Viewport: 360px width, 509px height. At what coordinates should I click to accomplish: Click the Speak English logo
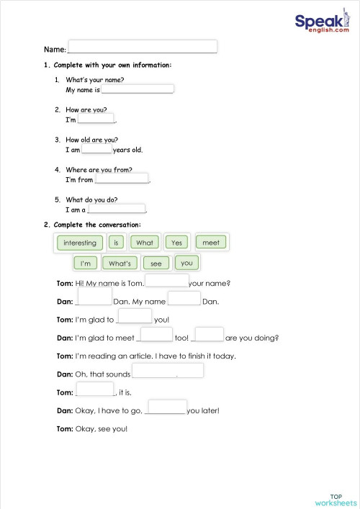tap(322, 24)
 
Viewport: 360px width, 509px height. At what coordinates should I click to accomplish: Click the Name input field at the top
tap(142, 48)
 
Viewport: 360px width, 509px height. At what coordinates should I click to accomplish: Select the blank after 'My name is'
tap(138, 89)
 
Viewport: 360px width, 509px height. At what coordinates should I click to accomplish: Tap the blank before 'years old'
tap(96, 149)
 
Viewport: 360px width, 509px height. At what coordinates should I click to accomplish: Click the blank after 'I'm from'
tap(122, 179)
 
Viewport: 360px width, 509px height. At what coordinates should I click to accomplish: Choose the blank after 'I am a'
tap(117, 210)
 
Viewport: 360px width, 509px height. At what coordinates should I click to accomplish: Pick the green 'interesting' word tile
tap(79, 243)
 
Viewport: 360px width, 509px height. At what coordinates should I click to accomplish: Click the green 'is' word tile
tap(116, 243)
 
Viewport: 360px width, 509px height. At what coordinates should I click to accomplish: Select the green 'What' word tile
tap(145, 243)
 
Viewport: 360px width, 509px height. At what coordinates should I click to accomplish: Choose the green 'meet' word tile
tap(210, 243)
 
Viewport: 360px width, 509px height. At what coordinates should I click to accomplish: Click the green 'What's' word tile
tap(119, 263)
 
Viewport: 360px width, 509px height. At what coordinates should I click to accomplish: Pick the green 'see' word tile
tap(156, 263)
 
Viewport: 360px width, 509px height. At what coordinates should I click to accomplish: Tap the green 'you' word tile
tap(186, 263)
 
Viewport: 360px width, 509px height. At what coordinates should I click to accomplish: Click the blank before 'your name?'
tap(166, 281)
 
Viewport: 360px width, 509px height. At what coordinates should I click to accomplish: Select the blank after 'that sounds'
tap(168, 371)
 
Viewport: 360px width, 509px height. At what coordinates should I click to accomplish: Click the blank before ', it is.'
tap(95, 390)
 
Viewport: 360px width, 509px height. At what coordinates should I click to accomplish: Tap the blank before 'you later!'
tap(166, 408)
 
